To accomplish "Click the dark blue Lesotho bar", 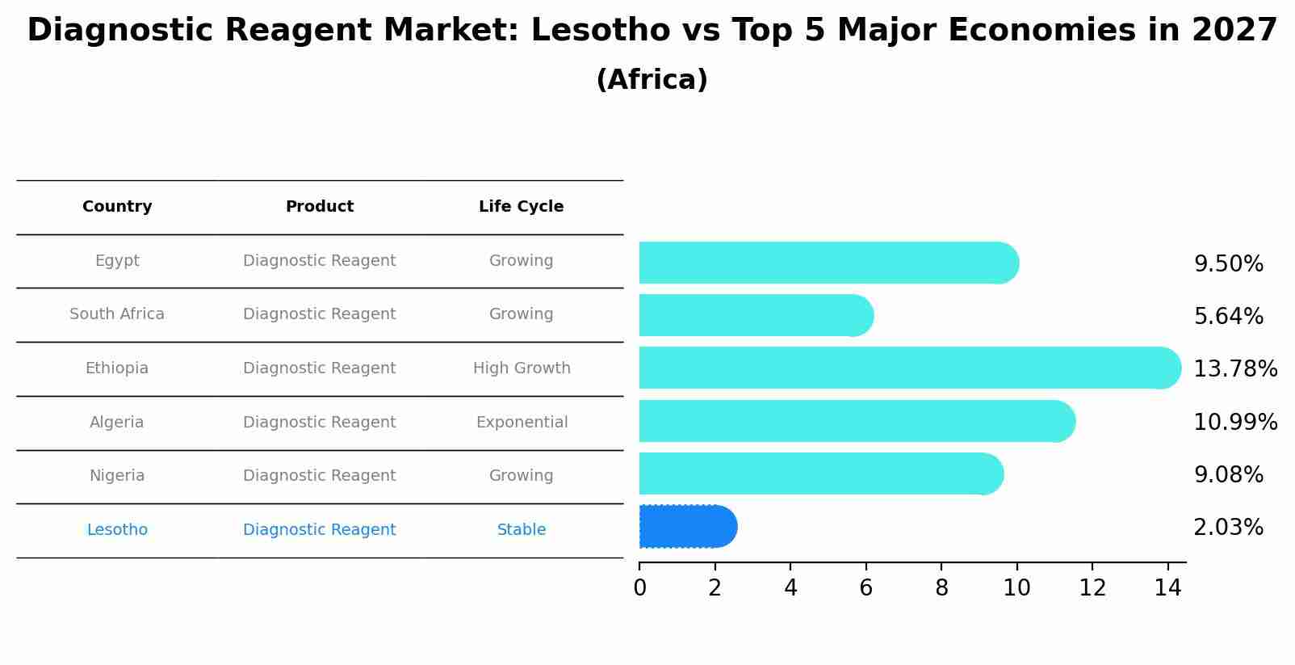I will click(686, 527).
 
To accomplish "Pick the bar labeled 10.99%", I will click(856, 422).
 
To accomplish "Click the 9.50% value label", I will click(1228, 264).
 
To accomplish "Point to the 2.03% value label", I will click(1228, 528).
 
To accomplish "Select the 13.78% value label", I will click(1234, 369).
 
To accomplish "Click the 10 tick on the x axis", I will click(1016, 588).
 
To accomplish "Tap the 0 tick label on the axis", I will click(639, 588).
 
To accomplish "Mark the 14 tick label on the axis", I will click(1167, 588).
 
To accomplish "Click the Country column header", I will click(117, 207).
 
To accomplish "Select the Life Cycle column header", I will click(521, 207).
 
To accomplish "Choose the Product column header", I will click(319, 207).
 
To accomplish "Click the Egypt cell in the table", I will click(117, 261).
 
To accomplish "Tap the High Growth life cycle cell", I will click(522, 368).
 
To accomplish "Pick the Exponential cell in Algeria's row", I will click(522, 423).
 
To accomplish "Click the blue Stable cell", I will click(522, 530).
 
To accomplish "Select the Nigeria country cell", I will click(117, 476).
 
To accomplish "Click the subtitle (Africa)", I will click(652, 80).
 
